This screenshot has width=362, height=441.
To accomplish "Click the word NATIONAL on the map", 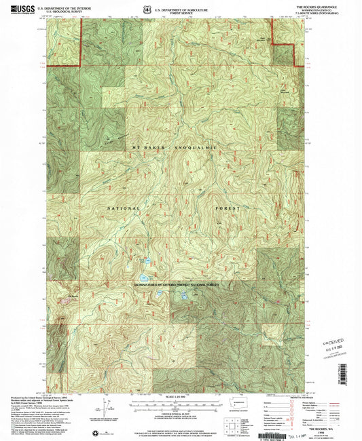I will point(122,208).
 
